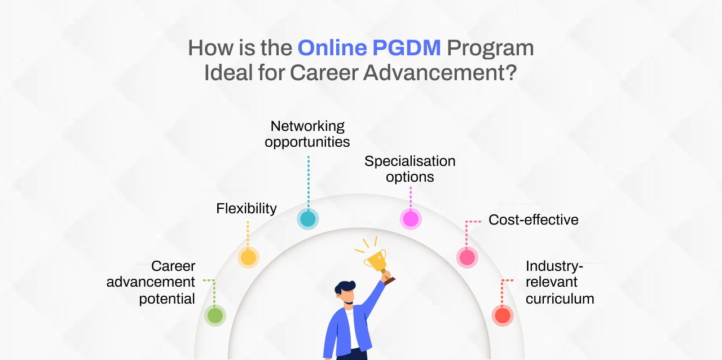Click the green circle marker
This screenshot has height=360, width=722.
(x=215, y=315)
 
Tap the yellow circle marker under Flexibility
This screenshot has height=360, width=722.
(x=248, y=257)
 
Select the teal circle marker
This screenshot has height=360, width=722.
(x=308, y=219)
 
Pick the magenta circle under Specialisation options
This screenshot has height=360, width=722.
(x=411, y=219)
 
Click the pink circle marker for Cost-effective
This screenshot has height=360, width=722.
(x=467, y=257)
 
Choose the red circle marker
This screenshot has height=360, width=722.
(x=503, y=315)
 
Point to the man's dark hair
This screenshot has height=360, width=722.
(x=344, y=287)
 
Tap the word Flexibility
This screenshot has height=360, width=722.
(x=246, y=208)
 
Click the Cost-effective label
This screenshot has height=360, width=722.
(x=534, y=219)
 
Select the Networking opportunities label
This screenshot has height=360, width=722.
(x=307, y=134)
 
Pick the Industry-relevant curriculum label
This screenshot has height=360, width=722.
(x=560, y=282)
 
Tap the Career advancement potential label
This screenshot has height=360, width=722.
(x=151, y=282)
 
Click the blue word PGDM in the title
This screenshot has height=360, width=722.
(x=407, y=48)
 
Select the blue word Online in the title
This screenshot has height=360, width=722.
(x=332, y=48)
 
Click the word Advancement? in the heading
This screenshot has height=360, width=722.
(x=440, y=73)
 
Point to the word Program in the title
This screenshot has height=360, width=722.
(x=490, y=49)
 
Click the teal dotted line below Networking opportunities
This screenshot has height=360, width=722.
(x=309, y=183)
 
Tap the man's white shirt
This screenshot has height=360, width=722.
(x=352, y=329)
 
